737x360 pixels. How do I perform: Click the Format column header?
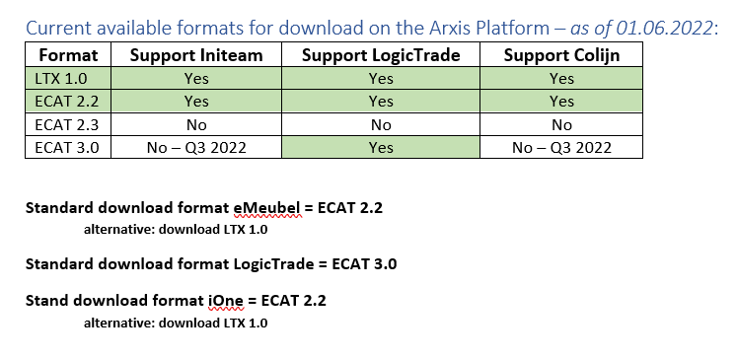[67, 55]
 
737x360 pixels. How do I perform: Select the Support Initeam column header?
[196, 55]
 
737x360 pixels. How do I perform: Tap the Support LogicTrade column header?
[381, 55]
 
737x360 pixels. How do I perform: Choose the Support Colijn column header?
[561, 55]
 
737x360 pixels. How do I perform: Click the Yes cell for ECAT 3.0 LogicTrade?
[381, 147]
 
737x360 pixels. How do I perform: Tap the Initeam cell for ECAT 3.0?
[196, 147]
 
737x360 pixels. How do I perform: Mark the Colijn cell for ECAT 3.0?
[561, 147]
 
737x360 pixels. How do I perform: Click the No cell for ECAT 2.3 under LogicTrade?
[381, 124]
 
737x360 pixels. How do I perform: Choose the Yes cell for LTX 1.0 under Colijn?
[561, 78]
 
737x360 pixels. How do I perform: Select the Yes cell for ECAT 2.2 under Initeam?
[196, 101]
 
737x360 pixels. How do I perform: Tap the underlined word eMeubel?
[265, 208]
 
